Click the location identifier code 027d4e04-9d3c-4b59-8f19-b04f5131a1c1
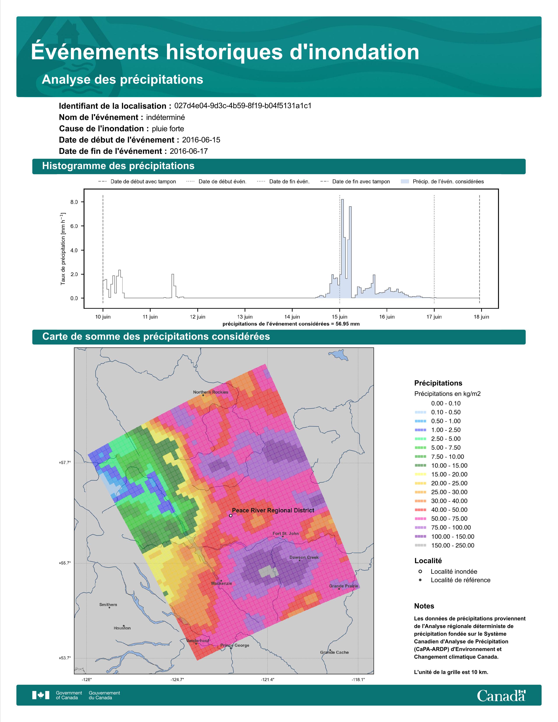(243, 106)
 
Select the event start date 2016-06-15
(201, 140)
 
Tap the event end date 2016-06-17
(189, 151)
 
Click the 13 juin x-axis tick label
(245, 317)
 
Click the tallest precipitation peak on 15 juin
(342, 200)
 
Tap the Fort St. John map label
(286, 533)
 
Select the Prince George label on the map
(235, 645)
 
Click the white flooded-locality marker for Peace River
(230, 515)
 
